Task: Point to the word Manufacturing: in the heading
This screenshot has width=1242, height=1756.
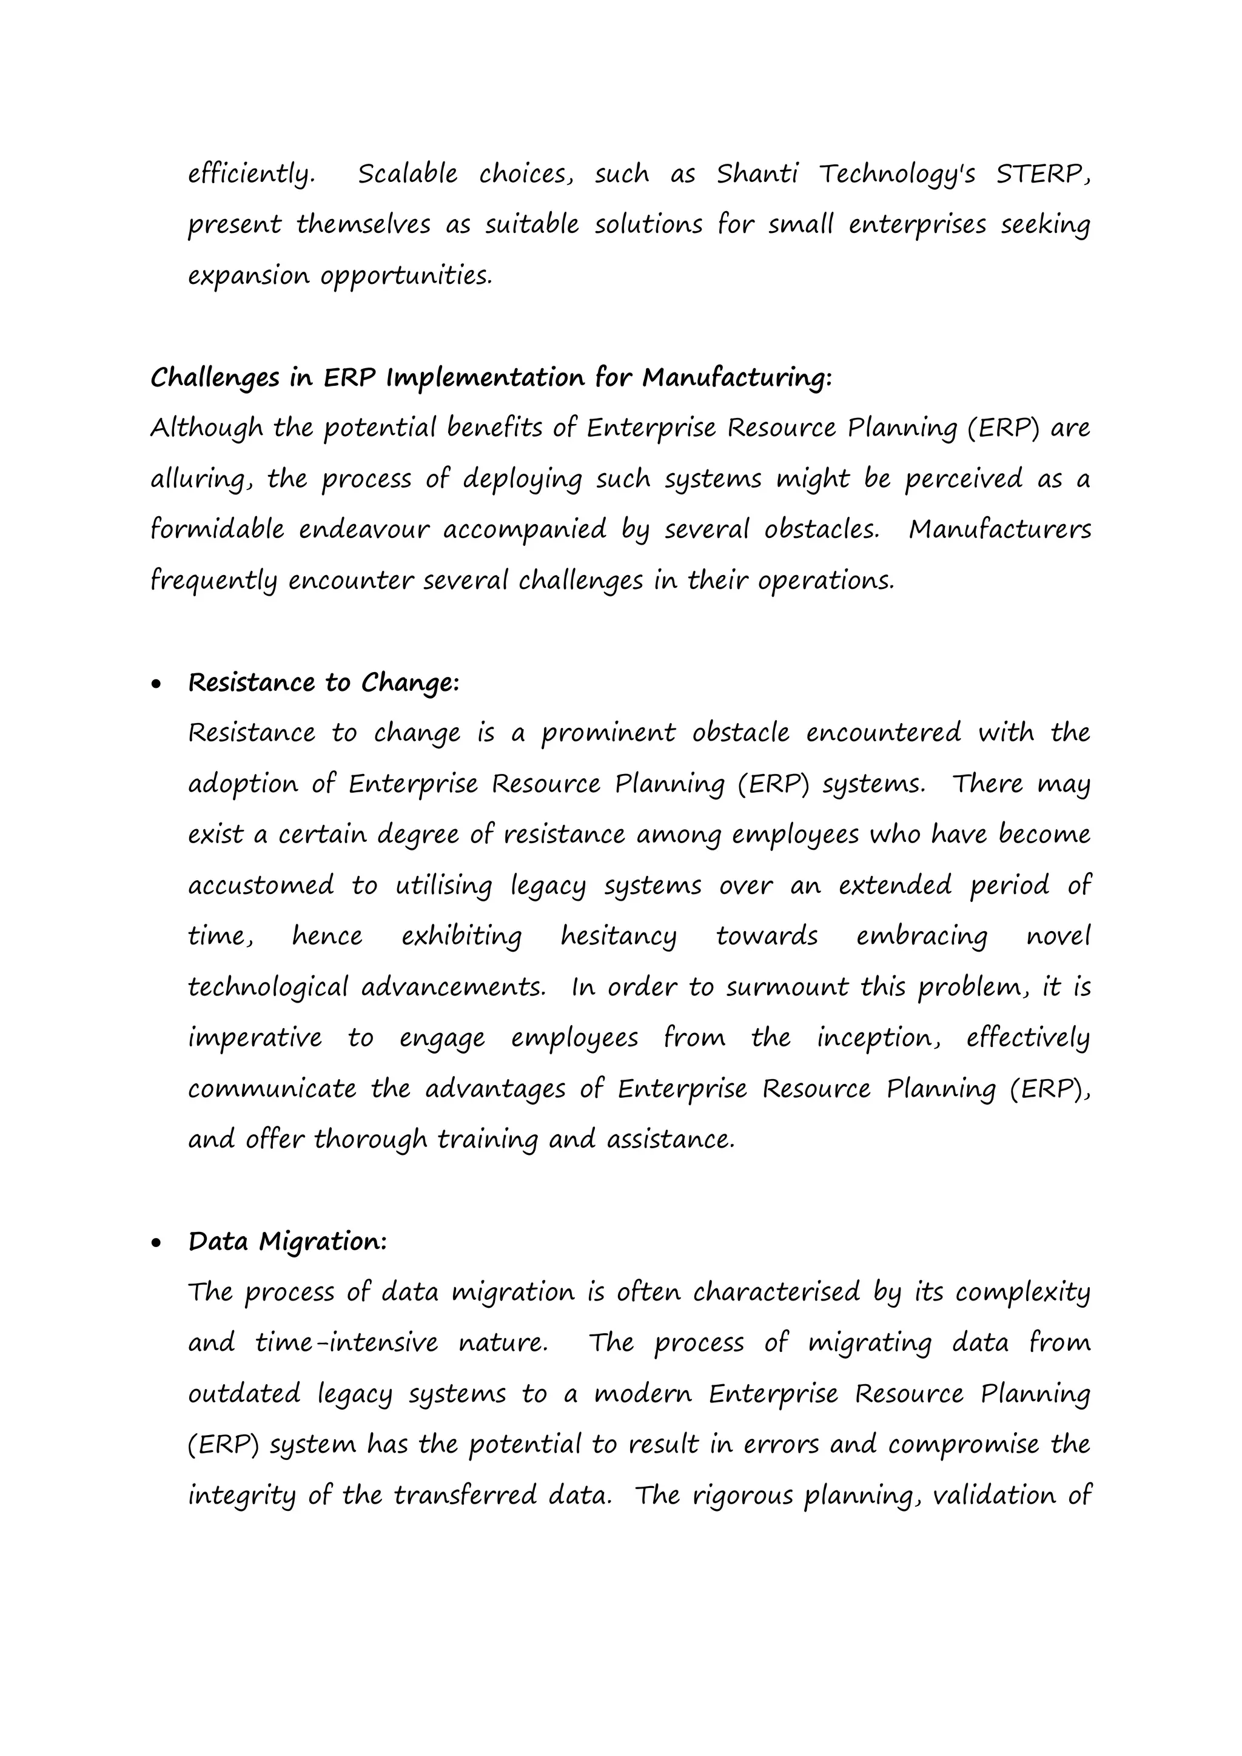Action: click(x=736, y=378)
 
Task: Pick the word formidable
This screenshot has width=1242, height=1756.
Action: click(x=217, y=530)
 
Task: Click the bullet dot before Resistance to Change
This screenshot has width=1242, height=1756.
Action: click(x=157, y=684)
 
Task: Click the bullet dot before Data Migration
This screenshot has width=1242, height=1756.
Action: click(x=157, y=1243)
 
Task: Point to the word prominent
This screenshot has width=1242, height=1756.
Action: click(x=608, y=733)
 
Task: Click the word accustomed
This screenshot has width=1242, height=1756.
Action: click(x=261, y=886)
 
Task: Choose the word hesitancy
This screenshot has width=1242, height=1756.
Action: click(x=618, y=937)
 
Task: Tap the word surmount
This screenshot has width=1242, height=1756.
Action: click(x=787, y=987)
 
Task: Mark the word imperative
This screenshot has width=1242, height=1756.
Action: click(x=255, y=1038)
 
